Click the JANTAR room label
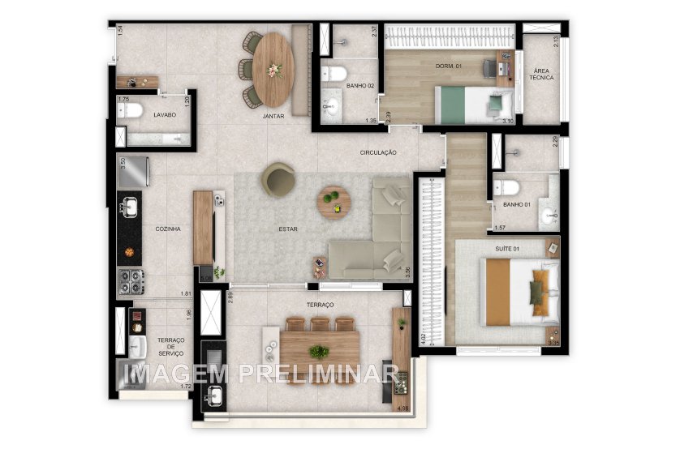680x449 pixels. coord(273,116)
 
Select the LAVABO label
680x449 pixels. coord(166,115)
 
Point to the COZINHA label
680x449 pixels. coord(168,229)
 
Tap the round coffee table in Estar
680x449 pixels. coord(332,202)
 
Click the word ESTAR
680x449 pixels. coord(288,229)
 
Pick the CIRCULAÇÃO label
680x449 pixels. coord(379,152)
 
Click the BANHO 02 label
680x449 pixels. coord(359,85)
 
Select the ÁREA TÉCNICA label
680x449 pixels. coord(541,73)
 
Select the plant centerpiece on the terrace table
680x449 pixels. coord(319,352)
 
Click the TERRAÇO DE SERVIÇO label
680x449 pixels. coord(170,346)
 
